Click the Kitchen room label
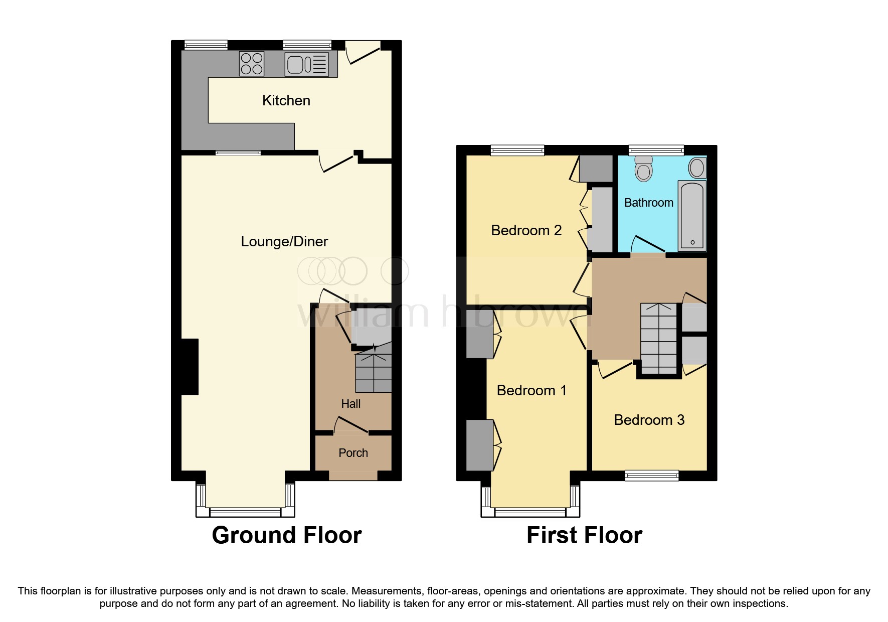[286, 100]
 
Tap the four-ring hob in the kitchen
[252, 64]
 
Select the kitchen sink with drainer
[307, 64]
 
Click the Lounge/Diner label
[284, 241]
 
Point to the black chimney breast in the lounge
[190, 367]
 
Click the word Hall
[350, 404]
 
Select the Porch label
[353, 453]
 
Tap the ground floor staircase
[373, 373]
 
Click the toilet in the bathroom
[643, 168]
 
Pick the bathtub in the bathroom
[692, 216]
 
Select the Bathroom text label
[648, 203]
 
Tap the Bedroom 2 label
[526, 230]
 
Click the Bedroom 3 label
[649, 420]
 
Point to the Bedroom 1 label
[531, 390]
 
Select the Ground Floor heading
[286, 535]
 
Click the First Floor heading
[584, 535]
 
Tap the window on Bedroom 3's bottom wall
[651, 476]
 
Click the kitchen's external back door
[362, 53]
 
